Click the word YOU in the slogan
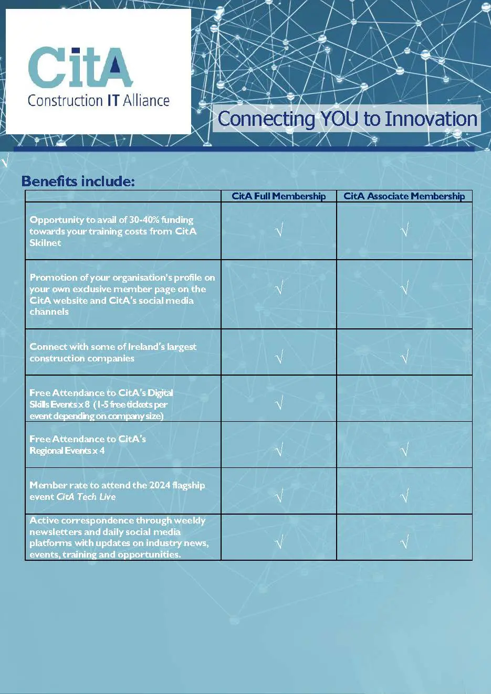340,119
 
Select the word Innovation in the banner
431,119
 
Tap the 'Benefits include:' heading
78,181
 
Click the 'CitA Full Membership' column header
278,196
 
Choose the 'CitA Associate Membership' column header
404,196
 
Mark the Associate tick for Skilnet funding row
404,230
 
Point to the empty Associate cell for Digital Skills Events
404,398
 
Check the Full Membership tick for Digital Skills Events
279,403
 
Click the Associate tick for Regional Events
404,449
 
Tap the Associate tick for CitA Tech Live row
404,495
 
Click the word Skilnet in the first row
45,243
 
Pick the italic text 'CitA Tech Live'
86,497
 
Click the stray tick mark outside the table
5,160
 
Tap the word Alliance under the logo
146,101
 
